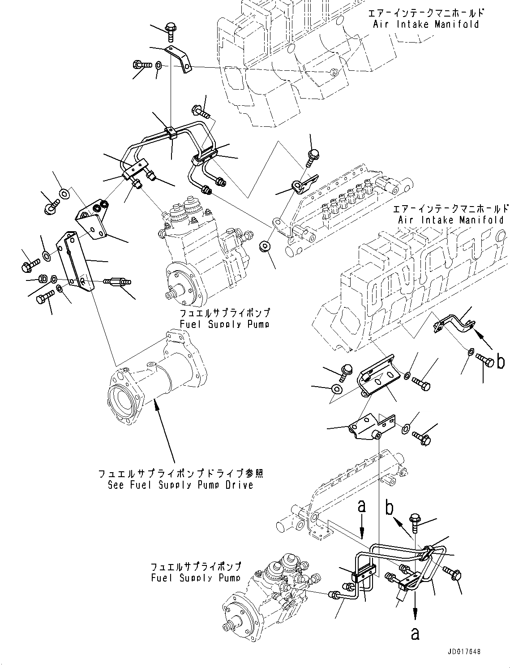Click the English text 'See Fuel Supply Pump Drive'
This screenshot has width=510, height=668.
coord(180,485)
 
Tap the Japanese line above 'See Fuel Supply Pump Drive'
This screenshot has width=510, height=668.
coord(180,473)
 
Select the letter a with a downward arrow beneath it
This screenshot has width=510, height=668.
coord(362,507)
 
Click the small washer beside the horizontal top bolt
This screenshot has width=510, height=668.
coord(159,66)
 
